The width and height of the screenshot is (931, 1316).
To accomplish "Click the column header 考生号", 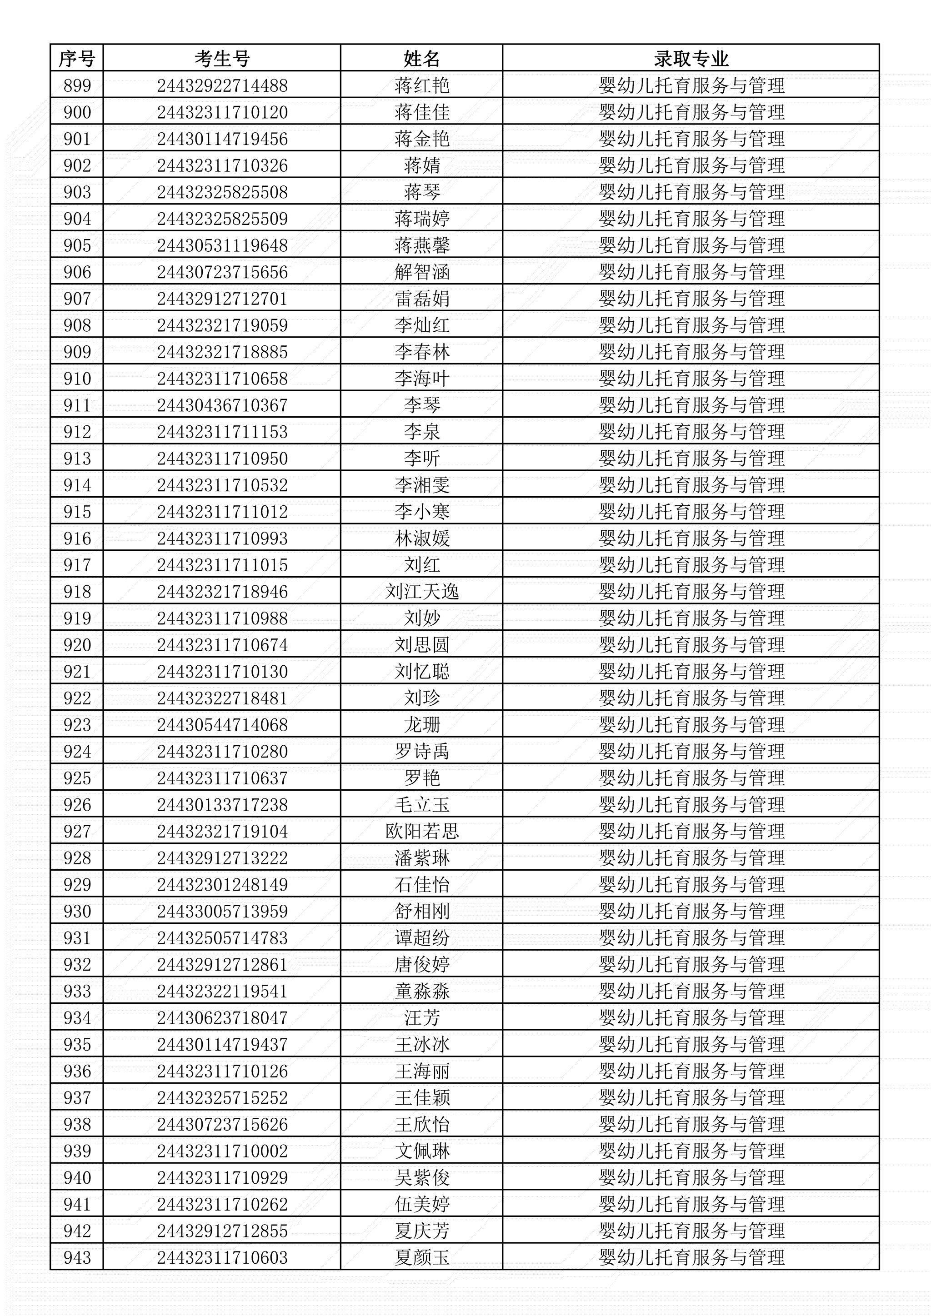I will tap(222, 59).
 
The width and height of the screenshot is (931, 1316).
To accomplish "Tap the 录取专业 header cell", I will tap(691, 59).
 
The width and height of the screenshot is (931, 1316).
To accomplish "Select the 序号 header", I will tap(77, 59).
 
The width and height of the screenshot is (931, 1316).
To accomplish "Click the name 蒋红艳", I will tap(421, 85).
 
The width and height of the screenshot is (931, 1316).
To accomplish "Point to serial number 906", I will tap(77, 272).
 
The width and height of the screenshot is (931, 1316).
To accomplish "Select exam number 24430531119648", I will tap(222, 245).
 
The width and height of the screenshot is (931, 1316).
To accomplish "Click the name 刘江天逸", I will tap(421, 592).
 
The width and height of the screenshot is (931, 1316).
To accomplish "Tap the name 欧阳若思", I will tap(421, 831).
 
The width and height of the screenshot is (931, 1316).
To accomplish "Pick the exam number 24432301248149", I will tap(222, 884).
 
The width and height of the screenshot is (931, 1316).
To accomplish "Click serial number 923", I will tap(77, 724).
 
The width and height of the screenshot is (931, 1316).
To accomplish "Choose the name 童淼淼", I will tap(421, 991).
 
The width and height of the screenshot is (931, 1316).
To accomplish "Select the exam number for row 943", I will tap(222, 1257).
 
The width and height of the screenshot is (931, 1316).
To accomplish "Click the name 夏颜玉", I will tap(421, 1257).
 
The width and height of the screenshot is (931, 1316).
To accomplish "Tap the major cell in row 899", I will tap(691, 85).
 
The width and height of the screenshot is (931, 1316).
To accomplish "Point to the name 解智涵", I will tap(421, 272).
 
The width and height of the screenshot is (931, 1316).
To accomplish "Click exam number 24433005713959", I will tap(222, 912).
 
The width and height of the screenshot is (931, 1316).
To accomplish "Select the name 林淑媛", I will tap(421, 538).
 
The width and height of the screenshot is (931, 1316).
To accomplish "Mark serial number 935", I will tap(77, 1044).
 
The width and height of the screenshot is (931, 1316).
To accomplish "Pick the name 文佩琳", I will tap(421, 1151).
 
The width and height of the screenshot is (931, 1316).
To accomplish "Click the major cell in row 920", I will tap(691, 645).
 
